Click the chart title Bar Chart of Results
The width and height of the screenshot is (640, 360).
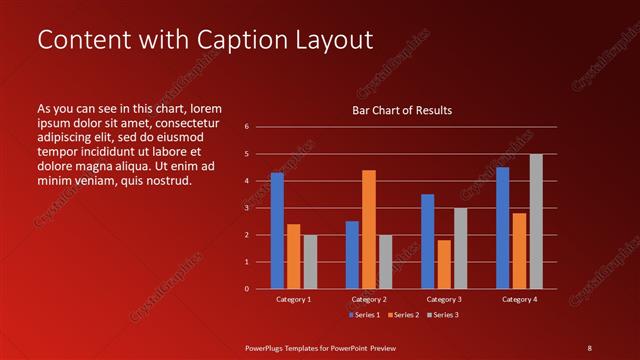point(401,110)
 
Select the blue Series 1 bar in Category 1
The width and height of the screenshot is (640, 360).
point(277,231)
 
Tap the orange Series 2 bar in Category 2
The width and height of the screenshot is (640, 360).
point(369,229)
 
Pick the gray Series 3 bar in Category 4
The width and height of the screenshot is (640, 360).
point(536,221)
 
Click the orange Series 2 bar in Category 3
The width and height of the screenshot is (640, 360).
point(444,264)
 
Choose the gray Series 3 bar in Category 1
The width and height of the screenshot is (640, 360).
point(310,262)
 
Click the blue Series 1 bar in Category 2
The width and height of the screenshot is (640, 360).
point(352,255)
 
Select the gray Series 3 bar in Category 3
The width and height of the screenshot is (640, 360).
point(460,248)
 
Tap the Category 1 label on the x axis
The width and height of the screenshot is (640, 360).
point(293,299)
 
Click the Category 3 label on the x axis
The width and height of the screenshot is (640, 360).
point(443,299)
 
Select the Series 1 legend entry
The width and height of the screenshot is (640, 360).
point(365,315)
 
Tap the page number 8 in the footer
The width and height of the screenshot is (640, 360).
point(589,347)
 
